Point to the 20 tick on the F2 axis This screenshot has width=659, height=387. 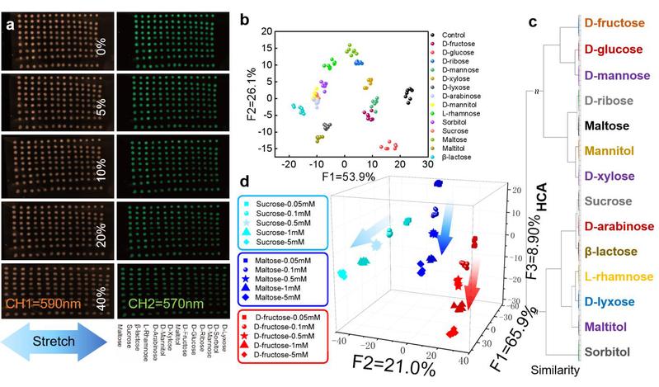tap(257, 31)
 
